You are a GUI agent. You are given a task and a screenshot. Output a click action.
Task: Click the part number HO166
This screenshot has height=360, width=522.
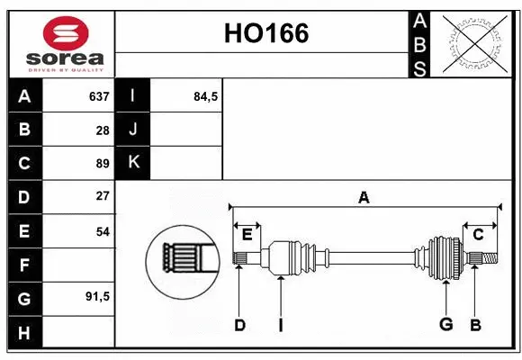(265, 34)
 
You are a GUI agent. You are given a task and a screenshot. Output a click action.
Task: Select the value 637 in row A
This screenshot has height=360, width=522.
(99, 96)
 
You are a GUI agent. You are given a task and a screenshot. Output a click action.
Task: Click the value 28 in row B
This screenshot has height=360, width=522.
(103, 130)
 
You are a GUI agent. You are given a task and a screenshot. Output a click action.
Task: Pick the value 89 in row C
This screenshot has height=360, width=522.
(103, 164)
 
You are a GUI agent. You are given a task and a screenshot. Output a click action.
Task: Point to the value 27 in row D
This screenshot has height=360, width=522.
(103, 196)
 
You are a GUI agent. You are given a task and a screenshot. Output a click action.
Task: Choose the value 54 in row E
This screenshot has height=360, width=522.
(103, 231)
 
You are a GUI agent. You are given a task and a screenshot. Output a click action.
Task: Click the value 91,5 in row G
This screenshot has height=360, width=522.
(97, 296)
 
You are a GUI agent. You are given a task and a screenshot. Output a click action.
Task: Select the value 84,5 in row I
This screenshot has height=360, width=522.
(206, 96)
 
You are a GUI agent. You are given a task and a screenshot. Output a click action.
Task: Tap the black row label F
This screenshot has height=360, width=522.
(24, 265)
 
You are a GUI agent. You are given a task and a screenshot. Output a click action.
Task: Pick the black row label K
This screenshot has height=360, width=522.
(133, 163)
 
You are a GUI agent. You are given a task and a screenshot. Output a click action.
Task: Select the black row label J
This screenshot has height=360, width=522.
(133, 130)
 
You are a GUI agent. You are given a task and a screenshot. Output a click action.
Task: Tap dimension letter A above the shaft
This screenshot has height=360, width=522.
(364, 198)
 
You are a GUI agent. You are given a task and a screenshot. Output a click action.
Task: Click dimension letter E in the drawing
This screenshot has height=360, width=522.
(247, 235)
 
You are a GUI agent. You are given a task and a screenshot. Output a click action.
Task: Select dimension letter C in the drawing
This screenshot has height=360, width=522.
(478, 235)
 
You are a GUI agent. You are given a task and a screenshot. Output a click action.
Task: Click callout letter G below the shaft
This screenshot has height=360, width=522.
(445, 325)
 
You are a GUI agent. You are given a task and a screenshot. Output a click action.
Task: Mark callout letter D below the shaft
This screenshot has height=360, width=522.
(239, 325)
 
